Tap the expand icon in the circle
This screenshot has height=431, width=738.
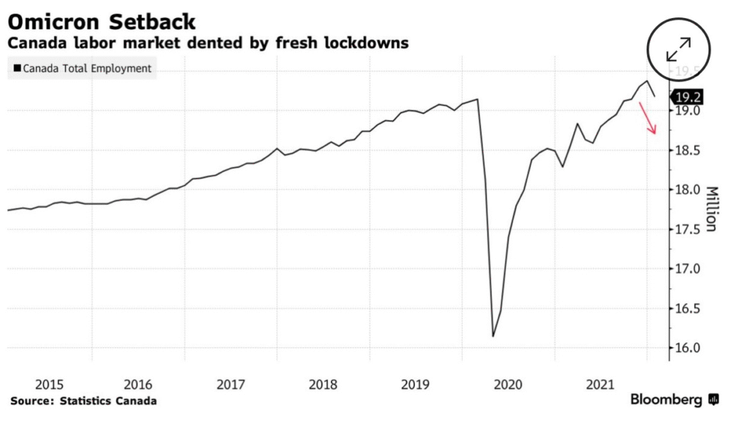679,50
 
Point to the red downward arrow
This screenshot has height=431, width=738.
647,118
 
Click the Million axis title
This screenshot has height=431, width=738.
711,209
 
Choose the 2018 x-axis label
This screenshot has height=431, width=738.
324,385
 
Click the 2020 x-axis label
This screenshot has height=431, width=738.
508,385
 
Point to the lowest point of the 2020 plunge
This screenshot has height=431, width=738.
493,336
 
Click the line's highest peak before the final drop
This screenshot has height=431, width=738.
646,81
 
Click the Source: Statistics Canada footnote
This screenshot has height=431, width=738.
84,401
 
